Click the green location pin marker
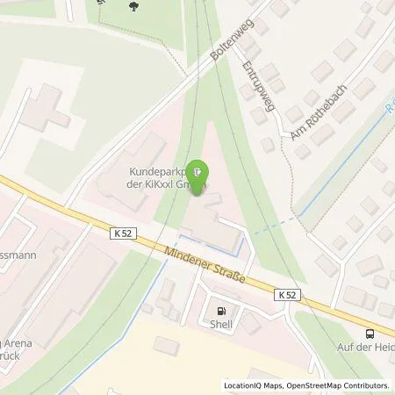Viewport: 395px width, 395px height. click(200, 172)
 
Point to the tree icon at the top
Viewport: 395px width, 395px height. click(133, 8)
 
